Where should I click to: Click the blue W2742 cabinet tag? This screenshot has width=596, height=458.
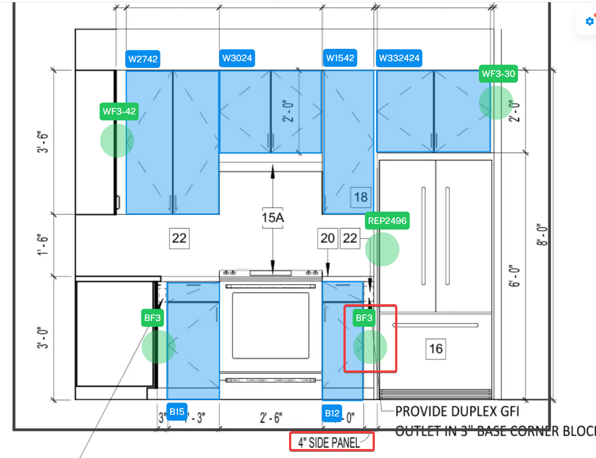143,58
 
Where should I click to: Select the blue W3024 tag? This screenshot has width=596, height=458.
237,58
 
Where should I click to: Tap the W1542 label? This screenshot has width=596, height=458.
340,58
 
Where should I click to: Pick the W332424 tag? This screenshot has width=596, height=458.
399,58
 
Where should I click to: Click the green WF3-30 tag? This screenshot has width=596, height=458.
498,73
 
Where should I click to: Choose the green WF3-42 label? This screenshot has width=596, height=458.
119,111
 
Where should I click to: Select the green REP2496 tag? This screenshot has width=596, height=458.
387,221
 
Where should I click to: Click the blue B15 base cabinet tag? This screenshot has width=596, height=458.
177,412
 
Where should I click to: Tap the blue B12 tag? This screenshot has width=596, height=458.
332,414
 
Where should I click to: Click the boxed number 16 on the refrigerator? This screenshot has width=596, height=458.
435,349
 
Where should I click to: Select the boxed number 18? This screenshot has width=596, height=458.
361,197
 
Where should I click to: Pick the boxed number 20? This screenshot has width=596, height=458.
327,239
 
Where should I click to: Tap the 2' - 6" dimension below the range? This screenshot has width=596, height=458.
272,418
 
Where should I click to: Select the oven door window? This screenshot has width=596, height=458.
271,325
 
